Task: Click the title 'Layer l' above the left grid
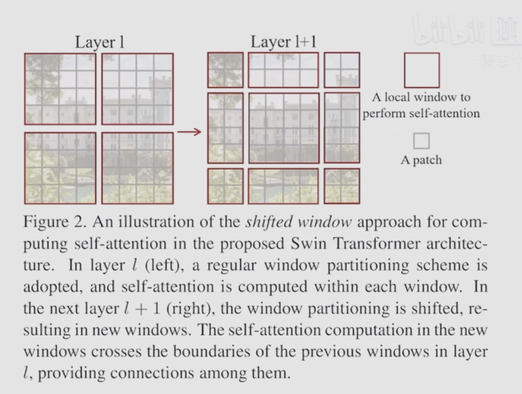pos(100,43)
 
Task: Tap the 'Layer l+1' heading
pos(283,42)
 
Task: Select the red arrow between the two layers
pos(189,131)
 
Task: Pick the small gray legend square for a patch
pos(421,141)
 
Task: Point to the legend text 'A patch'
pos(421,160)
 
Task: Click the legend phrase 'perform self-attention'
pos(421,113)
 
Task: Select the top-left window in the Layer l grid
pos(60,89)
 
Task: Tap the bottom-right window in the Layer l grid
pos(138,168)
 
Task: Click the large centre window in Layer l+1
pos(284,128)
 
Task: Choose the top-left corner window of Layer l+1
pos(225,70)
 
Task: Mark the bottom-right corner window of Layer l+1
pos(342,186)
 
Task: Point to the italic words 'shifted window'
pos(298,222)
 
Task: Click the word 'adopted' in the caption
pos(52,287)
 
